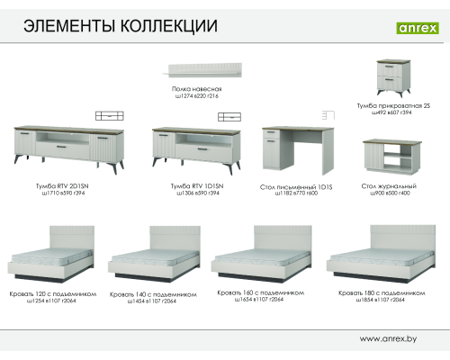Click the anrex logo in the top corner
[417, 27]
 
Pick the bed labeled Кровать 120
[50, 256]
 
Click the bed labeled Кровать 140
[153, 256]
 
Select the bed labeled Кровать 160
[264, 255]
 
